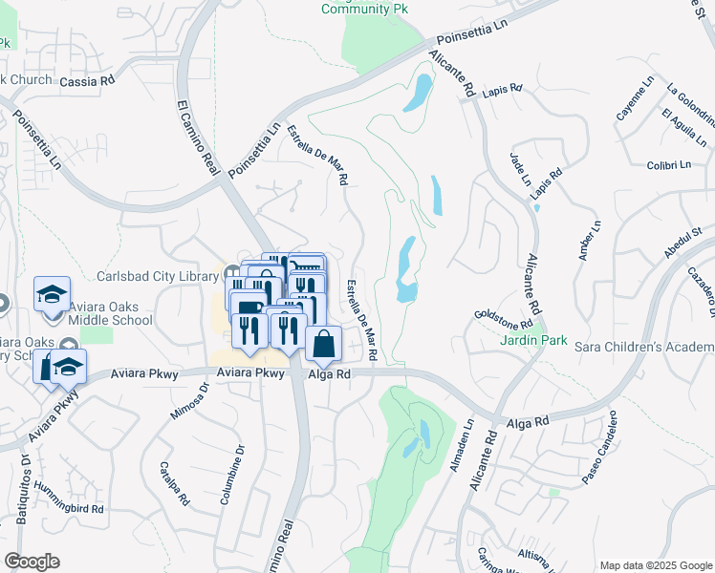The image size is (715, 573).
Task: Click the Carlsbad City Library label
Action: click(x=158, y=277)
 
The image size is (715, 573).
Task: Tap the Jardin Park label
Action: click(x=532, y=340)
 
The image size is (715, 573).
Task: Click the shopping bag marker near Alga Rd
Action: click(x=324, y=345)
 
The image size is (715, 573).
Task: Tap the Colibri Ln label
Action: click(x=668, y=165)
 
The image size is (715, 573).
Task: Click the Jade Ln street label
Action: click(x=521, y=168)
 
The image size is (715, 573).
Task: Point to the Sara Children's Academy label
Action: click(x=644, y=345)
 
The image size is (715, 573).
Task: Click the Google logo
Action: click(x=32, y=562)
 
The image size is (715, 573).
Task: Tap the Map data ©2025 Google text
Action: click(x=654, y=565)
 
